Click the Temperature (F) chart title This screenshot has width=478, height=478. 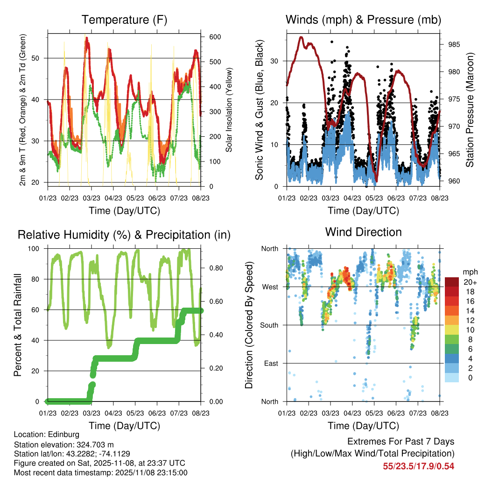(x=124, y=20)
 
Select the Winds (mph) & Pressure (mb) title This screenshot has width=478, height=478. (x=363, y=20)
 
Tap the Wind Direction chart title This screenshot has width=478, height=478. (x=363, y=232)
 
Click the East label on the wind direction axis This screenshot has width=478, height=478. (x=271, y=363)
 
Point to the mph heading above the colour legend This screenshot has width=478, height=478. (x=470, y=272)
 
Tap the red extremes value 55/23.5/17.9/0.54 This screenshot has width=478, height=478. (x=419, y=466)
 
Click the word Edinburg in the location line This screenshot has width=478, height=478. (x=65, y=435)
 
